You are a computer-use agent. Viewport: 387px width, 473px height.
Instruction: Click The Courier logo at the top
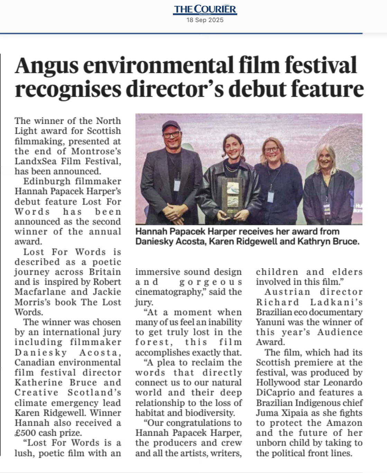tap(205, 9)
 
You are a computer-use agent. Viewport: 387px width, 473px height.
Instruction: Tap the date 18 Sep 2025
tap(205, 20)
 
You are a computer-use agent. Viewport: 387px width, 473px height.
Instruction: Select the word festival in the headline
tap(320, 66)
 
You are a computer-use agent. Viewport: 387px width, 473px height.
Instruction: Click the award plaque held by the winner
tap(231, 197)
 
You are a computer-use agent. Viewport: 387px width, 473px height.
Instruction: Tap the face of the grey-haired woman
tap(325, 160)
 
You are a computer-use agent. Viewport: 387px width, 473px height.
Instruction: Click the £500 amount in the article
tap(26, 433)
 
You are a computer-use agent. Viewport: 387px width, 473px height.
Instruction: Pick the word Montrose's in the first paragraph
tap(96, 151)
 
